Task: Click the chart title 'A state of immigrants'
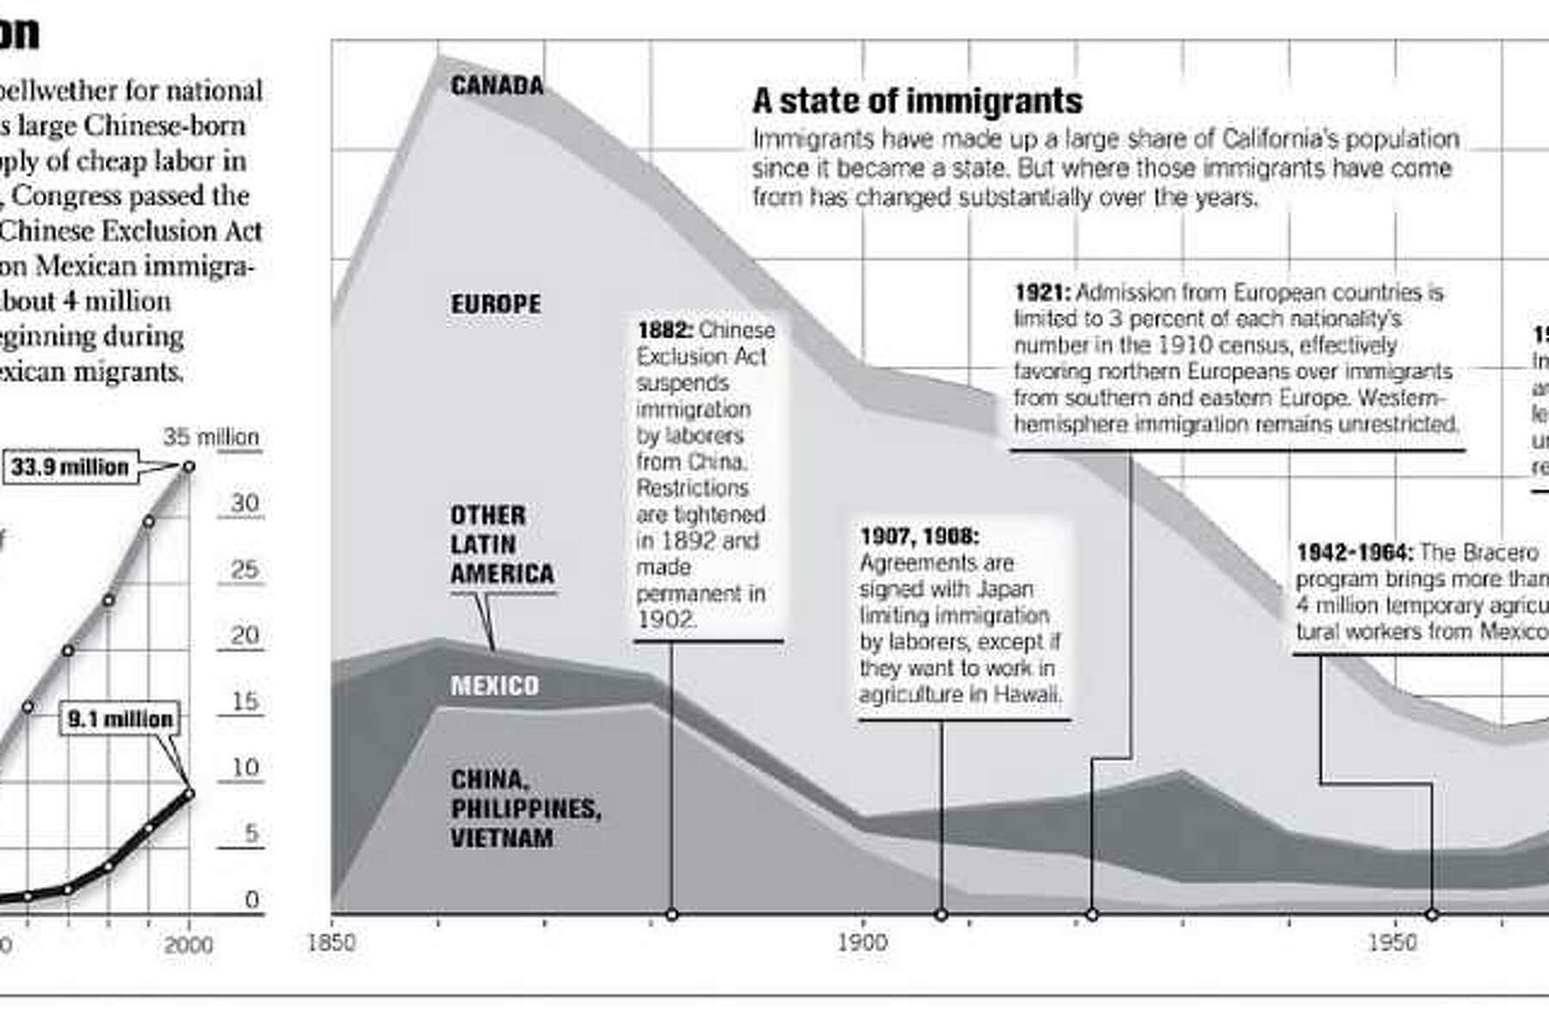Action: click(x=916, y=102)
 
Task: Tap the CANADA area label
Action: click(x=497, y=85)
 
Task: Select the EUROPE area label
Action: click(x=496, y=304)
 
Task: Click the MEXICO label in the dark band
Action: click(x=495, y=686)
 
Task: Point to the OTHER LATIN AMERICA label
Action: click(x=502, y=544)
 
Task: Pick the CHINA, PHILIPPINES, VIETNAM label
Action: click(x=525, y=808)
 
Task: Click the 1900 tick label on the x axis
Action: click(x=861, y=943)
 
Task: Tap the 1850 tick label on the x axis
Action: click(x=330, y=943)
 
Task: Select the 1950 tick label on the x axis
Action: click(x=1392, y=943)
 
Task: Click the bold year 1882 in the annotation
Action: click(x=664, y=331)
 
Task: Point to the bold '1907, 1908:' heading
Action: click(x=919, y=536)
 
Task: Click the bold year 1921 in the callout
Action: click(x=1041, y=293)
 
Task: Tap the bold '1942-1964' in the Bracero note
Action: click(x=1354, y=552)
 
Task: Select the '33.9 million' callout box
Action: click(x=70, y=467)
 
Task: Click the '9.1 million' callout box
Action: click(x=120, y=719)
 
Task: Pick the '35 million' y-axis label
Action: click(x=211, y=437)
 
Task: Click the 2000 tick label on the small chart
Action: click(x=188, y=944)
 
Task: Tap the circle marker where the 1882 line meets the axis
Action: click(x=672, y=914)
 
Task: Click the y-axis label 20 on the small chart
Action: click(x=244, y=635)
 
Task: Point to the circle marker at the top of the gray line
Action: click(x=189, y=467)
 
